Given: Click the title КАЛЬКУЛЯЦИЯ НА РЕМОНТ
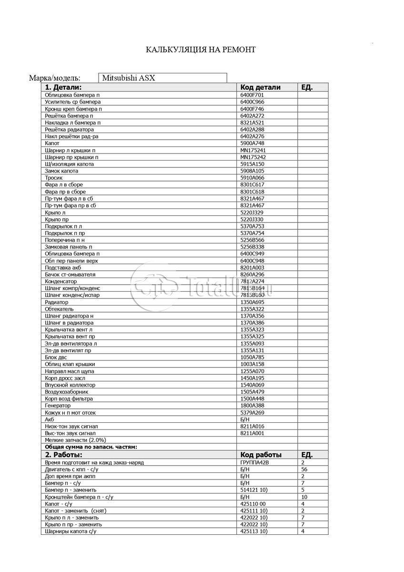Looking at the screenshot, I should [x=200, y=50].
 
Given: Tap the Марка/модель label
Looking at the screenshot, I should [x=55, y=78].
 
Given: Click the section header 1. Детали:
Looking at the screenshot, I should [x=63, y=87].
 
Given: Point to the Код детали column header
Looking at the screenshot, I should [x=260, y=87].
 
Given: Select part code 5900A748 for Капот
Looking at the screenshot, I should [x=252, y=143].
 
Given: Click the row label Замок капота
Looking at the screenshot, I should [x=62, y=171].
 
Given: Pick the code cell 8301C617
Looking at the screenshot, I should [x=252, y=184].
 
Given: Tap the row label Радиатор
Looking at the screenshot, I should [x=57, y=302].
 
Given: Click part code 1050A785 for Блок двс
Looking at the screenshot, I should [x=252, y=357].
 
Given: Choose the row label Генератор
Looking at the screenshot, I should [x=58, y=406].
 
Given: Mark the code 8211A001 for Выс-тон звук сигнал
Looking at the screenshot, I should [x=252, y=433].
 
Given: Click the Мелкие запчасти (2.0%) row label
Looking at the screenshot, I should [x=75, y=440].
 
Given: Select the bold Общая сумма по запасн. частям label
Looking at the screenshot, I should [x=91, y=447].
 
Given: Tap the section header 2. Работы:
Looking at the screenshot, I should [x=64, y=455].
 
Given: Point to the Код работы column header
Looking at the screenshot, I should [x=261, y=455].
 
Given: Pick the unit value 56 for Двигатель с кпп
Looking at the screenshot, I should [x=304, y=470].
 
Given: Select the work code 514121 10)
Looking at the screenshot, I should [x=254, y=490].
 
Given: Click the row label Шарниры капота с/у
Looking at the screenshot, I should [x=73, y=531].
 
